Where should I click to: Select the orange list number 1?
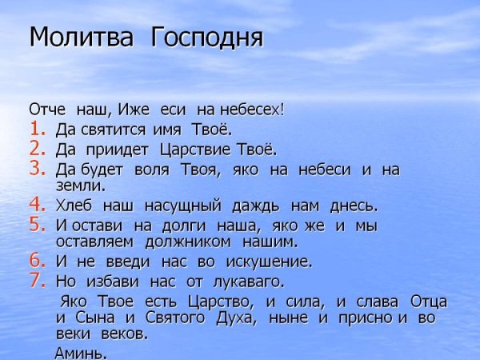pos(38,128)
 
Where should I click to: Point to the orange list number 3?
pos(38,169)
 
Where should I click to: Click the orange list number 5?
pos(38,226)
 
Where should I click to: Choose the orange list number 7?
pos(38,281)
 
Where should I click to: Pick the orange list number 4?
pos(38,205)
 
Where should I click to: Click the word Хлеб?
pos(74,206)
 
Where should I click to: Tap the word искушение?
pos(269,262)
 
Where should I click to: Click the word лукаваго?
pos(249,282)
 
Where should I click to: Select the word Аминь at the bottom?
pos(80,353)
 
